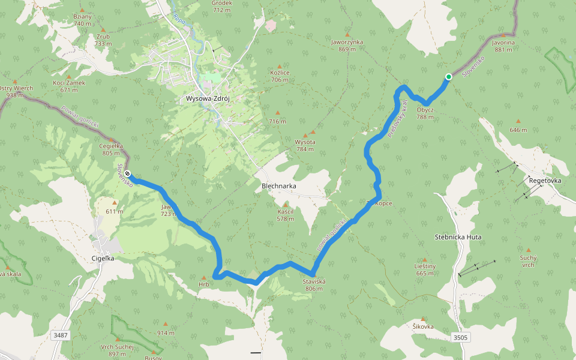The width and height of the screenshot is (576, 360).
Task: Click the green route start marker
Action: coord(448,76)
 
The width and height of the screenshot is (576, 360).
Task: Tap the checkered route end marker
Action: coord(128,174)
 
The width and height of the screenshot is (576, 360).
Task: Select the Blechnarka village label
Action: coord(279,186)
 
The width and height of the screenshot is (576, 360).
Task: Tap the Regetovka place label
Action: coord(545,180)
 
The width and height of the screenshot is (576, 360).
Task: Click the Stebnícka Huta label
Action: coord(458,237)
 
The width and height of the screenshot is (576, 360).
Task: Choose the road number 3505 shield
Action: coord(460,338)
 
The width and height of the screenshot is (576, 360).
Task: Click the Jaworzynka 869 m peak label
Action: coord(347,46)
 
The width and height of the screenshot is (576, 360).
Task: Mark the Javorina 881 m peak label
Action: coord(503,46)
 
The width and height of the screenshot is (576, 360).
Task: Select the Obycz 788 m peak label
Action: coord(425,113)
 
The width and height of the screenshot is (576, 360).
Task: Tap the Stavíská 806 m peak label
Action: coord(314,285)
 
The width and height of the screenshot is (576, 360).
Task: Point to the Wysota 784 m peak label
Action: coord(304,145)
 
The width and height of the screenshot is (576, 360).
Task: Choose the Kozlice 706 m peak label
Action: coord(280,76)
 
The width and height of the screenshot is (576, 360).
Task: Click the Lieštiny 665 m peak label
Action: coord(424,270)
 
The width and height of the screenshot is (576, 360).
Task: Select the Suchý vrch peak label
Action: coord(528,261)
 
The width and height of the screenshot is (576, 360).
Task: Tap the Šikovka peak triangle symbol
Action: coord(423,319)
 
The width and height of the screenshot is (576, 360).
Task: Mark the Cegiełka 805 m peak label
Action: coord(112,149)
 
